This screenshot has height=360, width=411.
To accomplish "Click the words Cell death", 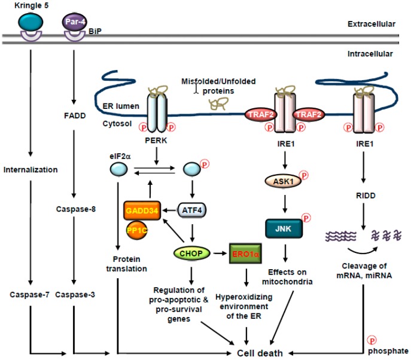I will (257, 352).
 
